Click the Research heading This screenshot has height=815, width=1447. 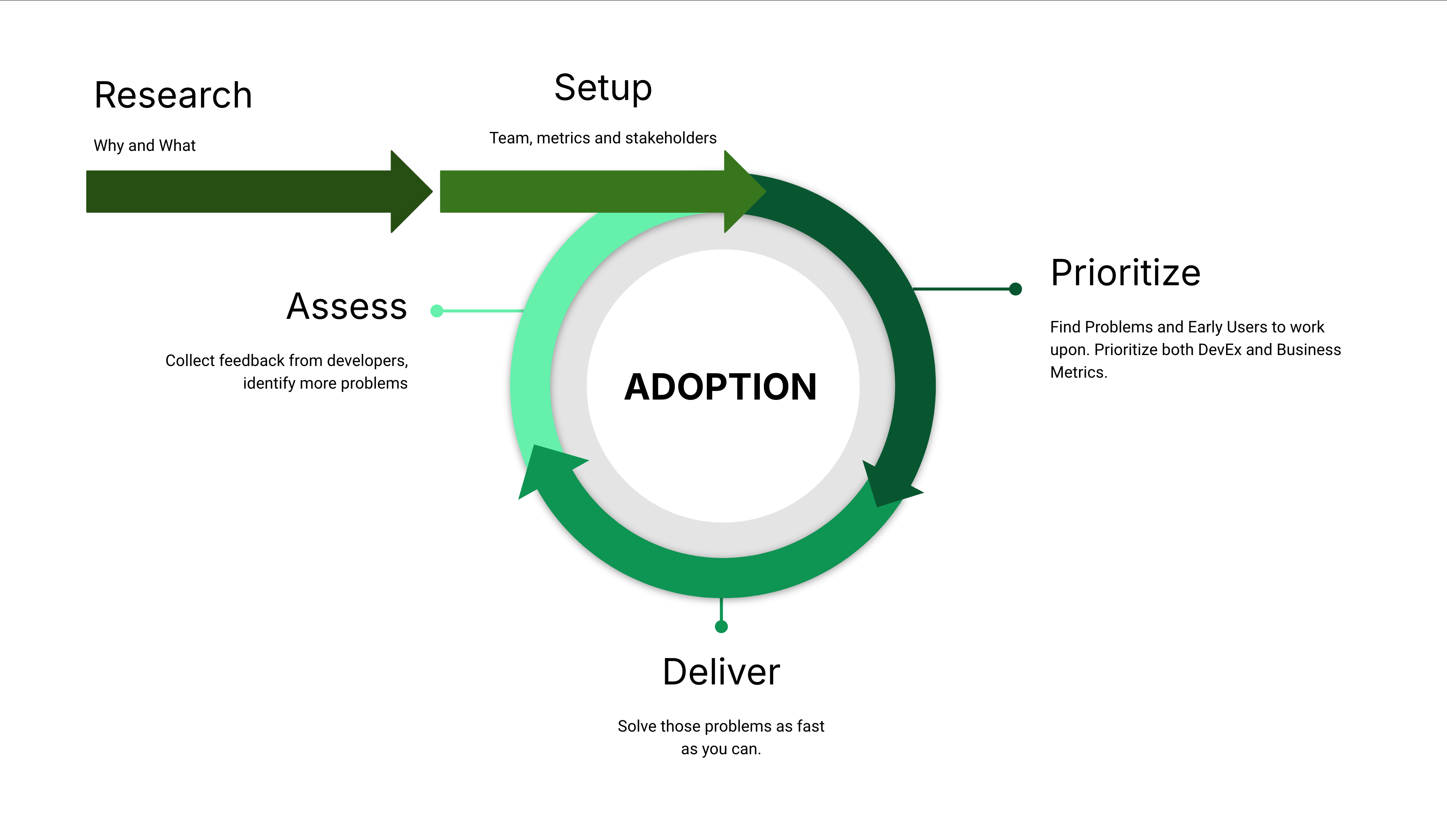tap(173, 95)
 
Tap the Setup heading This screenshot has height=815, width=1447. tap(603, 88)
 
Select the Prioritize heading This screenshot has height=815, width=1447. tap(1125, 273)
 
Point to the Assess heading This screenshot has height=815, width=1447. tap(346, 307)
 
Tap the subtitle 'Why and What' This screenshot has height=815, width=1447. tap(144, 146)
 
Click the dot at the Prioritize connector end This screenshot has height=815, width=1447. tap(1015, 289)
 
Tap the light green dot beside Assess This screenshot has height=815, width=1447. tap(437, 311)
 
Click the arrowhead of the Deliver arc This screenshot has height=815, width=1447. tap(545, 466)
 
